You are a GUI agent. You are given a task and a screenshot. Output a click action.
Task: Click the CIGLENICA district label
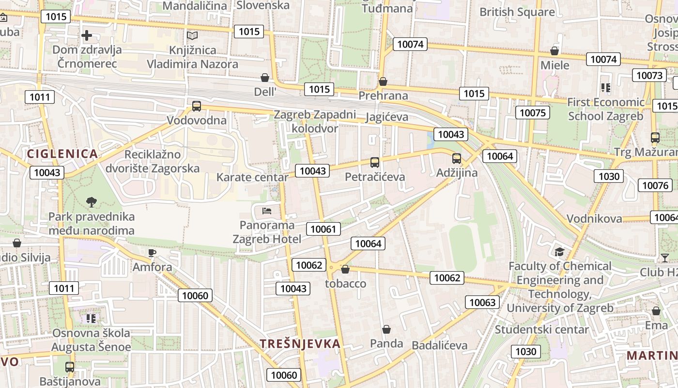tap(62, 154)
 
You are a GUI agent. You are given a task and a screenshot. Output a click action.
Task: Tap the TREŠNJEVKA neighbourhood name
tap(300, 344)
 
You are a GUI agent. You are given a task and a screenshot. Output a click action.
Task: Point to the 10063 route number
tap(482, 302)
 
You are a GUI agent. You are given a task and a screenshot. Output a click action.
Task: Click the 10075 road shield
tap(533, 113)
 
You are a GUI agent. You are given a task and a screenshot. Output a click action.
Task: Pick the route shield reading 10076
tap(655, 185)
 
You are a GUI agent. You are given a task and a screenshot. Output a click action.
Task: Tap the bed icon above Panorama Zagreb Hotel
tap(267, 211)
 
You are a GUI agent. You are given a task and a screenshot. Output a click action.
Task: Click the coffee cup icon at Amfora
tap(152, 253)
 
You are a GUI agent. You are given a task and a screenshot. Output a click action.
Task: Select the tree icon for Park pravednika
tap(91, 202)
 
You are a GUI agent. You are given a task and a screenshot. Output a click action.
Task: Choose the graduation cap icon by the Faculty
tap(559, 252)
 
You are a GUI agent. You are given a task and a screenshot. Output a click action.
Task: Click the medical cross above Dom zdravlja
tap(87, 35)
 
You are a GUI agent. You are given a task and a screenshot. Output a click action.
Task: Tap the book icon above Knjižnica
tap(192, 36)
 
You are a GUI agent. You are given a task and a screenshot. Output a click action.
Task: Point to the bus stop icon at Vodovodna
tap(197, 106)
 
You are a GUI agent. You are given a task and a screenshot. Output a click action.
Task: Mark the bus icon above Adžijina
tap(456, 158)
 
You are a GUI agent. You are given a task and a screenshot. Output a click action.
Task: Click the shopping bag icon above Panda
tap(386, 329)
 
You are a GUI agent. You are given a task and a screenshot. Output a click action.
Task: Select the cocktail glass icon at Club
tap(664, 258)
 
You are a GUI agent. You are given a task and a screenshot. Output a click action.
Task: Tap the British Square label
tap(517, 12)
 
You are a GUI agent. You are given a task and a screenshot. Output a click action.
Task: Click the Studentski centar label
tap(541, 330)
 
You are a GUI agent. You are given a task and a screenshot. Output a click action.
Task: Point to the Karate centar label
tap(252, 177)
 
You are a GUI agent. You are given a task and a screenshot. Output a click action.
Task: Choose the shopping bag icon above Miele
tap(555, 51)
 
